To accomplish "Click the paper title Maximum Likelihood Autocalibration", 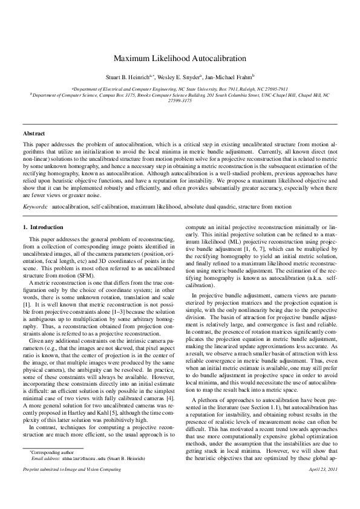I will pyautogui.click(x=180, y=59).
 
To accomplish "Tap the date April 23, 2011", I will pyautogui.click(x=322, y=502).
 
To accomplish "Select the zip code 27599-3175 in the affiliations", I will pyautogui.click(x=180, y=101).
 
